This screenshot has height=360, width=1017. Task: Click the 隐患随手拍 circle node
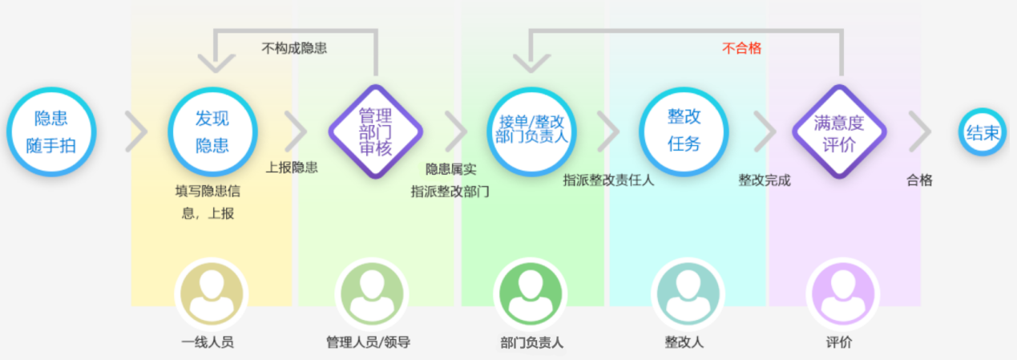51,131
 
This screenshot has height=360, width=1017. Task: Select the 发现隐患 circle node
212,131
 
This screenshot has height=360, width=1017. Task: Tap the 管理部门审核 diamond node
375,131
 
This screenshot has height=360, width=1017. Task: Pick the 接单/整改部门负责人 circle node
531,131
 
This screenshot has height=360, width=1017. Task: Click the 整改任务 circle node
684,131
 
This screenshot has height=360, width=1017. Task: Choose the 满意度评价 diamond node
839,131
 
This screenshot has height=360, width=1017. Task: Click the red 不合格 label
741,48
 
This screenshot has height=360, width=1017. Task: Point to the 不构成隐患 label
294,48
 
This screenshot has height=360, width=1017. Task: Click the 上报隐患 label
292,168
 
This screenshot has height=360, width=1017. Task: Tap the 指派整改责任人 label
608,180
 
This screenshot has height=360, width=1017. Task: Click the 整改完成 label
765,180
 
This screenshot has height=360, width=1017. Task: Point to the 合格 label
919,180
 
